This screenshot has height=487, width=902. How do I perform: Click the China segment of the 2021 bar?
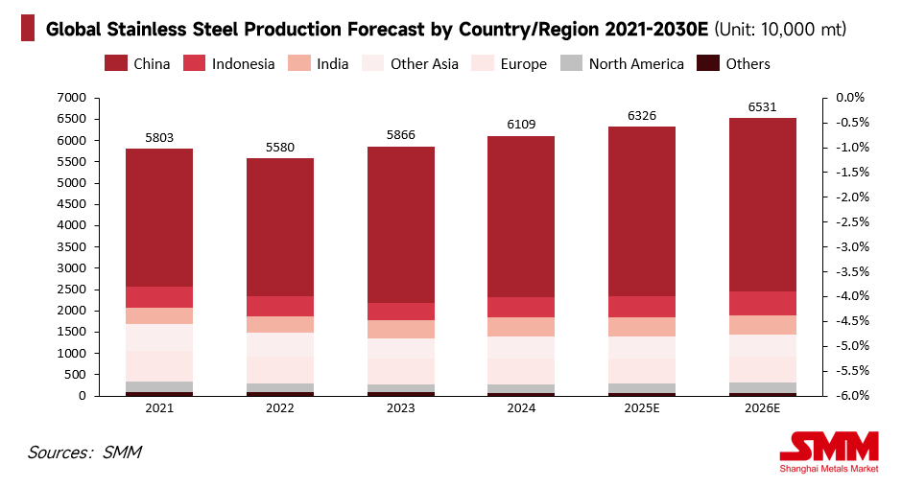(x=159, y=218)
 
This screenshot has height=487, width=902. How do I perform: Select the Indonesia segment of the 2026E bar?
(x=763, y=303)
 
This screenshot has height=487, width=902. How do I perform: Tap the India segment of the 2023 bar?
(x=400, y=329)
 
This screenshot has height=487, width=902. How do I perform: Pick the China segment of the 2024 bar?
(x=521, y=217)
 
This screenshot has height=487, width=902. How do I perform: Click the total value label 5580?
(x=279, y=149)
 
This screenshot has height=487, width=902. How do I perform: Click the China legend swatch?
(x=116, y=64)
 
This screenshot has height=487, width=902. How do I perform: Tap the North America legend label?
(x=636, y=64)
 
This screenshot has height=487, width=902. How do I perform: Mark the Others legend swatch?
(x=708, y=64)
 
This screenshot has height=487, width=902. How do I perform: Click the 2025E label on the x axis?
(x=642, y=407)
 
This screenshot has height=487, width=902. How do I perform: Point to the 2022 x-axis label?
(x=279, y=407)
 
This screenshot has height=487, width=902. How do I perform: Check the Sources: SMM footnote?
(x=84, y=452)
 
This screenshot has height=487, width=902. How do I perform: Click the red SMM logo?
(x=829, y=447)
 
